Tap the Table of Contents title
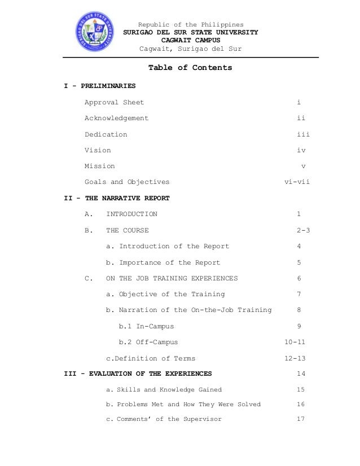(190, 68)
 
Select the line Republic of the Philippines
(191, 25)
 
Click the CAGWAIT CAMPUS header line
(191, 41)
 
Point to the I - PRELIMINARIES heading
(99, 86)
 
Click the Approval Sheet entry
(114, 102)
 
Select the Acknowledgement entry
(116, 118)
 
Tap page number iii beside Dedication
(303, 134)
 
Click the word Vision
(98, 151)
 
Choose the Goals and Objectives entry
(127, 182)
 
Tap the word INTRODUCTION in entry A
(131, 214)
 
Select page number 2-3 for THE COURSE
(303, 230)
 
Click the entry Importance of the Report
(163, 262)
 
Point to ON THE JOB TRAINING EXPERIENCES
(172, 278)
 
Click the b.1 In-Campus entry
(146, 326)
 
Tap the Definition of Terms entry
(151, 358)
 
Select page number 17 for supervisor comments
(301, 419)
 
